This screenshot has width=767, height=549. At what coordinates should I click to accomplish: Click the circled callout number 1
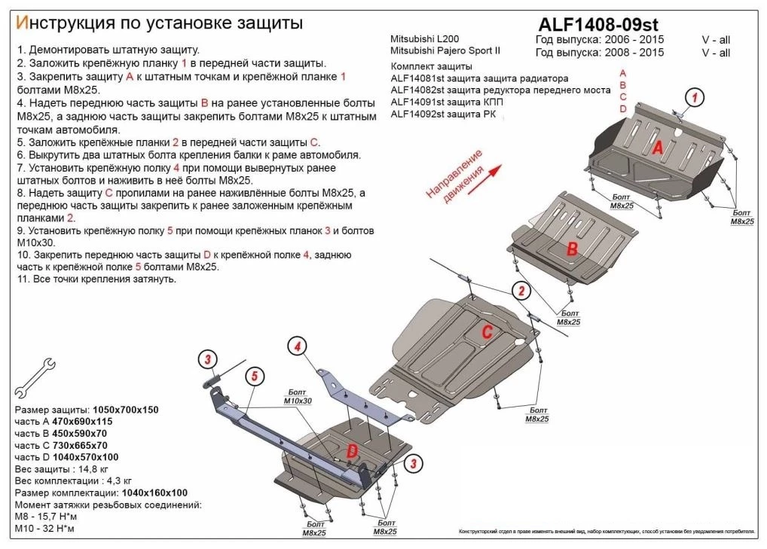[x=694, y=96]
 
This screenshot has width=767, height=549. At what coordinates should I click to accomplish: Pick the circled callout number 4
[x=298, y=346]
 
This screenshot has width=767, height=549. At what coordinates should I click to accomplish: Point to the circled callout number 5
[x=255, y=376]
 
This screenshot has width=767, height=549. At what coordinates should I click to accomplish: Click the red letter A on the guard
[x=657, y=148]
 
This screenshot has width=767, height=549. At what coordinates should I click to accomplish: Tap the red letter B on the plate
[x=572, y=249]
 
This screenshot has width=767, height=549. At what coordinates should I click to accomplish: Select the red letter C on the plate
[x=487, y=332]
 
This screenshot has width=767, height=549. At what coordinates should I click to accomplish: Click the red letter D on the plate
[x=351, y=451]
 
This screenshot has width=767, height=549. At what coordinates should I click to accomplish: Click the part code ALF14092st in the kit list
[x=416, y=114]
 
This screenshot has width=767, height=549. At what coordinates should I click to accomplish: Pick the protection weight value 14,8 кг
[x=96, y=468]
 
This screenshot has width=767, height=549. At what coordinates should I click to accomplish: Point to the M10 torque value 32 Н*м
[x=59, y=529]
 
